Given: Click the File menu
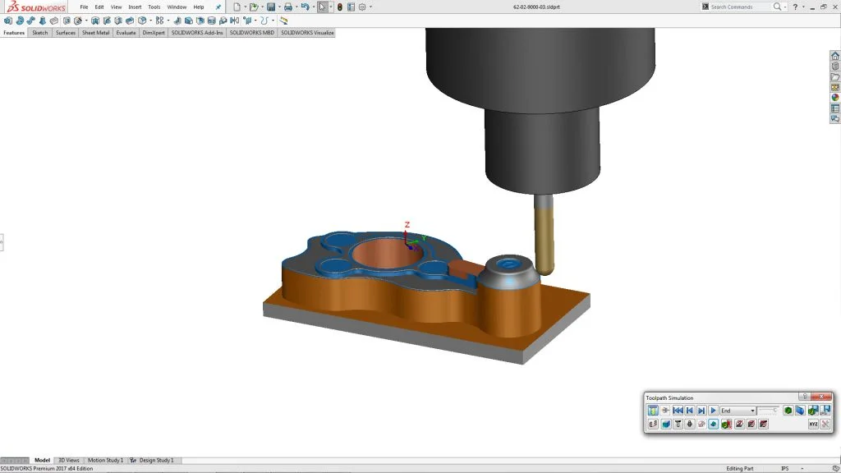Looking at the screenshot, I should [x=84, y=7].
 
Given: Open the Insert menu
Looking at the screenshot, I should [x=135, y=7].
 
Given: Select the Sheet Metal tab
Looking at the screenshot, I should [x=95, y=33].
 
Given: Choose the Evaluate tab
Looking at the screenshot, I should [x=126, y=33].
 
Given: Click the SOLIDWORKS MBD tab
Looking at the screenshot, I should [x=251, y=33].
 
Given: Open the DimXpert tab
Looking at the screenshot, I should [x=153, y=33].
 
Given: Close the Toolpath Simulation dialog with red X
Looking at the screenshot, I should [x=821, y=397].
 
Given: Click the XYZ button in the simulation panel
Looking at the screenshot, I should [x=813, y=424].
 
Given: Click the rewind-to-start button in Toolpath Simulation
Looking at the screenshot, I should [x=678, y=411].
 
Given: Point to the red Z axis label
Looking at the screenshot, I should [x=407, y=223].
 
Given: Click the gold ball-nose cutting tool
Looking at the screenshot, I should [x=544, y=238].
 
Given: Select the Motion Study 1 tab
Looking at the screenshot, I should [x=105, y=460].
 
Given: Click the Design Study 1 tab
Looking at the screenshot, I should [x=156, y=460].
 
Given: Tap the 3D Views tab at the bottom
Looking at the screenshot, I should [x=68, y=460].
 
